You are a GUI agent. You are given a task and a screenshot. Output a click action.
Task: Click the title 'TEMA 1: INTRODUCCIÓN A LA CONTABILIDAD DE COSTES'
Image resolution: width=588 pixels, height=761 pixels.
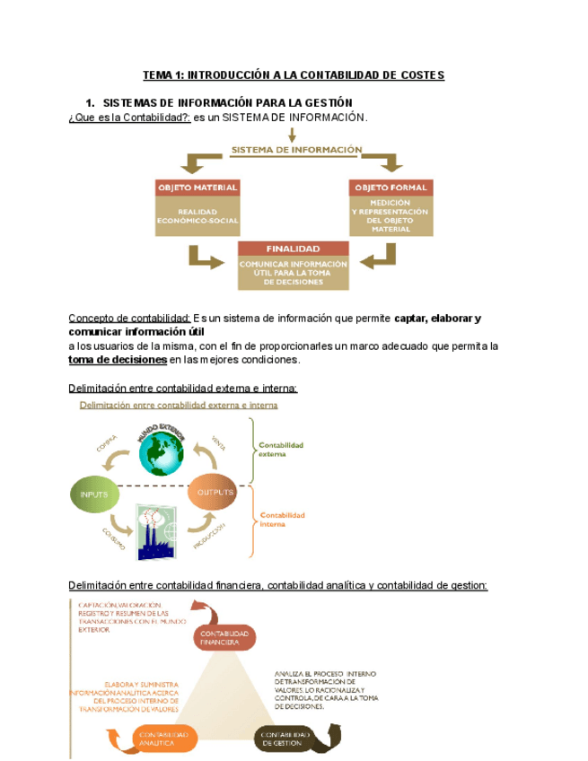(294, 75)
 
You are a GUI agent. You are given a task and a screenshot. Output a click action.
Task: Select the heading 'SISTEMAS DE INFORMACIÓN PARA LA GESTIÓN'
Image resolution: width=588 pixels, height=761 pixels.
(228, 102)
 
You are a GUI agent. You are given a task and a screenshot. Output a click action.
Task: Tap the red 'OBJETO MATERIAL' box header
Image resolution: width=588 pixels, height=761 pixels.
(197, 188)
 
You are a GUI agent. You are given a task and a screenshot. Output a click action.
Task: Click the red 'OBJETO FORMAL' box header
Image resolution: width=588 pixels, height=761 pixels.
(391, 188)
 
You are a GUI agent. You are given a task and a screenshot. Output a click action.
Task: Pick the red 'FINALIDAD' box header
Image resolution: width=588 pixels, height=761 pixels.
(293, 248)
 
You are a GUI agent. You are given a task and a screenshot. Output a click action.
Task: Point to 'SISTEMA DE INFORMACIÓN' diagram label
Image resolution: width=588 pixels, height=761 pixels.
(297, 150)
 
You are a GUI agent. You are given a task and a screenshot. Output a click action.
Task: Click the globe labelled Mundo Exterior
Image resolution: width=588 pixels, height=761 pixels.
(161, 455)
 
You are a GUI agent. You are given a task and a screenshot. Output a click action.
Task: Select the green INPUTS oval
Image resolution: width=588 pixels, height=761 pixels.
(94, 494)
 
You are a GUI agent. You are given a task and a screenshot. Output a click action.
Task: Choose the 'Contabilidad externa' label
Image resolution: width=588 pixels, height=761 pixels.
(281, 450)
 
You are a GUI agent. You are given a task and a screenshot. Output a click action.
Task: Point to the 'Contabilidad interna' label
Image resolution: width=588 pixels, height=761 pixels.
(282, 520)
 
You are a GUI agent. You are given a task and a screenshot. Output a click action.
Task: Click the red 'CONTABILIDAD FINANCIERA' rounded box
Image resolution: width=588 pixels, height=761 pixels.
(224, 638)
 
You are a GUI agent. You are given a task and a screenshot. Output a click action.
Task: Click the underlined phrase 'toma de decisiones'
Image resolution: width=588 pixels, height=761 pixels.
(118, 360)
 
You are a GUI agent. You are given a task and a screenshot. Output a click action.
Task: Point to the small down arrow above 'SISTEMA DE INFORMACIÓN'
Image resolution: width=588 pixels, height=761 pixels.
(292, 135)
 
